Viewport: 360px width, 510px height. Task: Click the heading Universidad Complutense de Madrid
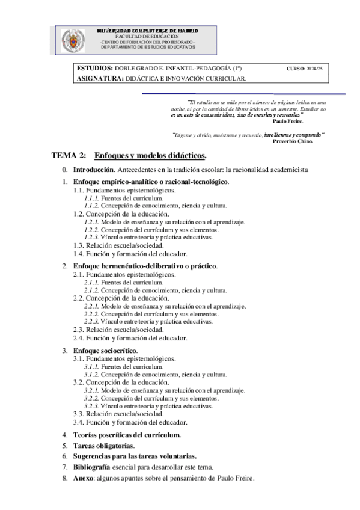click(148, 31)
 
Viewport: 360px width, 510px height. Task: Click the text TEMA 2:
click(70, 156)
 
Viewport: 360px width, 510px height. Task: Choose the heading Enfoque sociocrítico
click(105, 351)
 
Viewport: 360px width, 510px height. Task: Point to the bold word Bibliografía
click(91, 467)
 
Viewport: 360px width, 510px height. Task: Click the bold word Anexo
click(84, 478)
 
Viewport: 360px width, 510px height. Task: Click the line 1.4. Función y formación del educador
click(130, 254)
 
